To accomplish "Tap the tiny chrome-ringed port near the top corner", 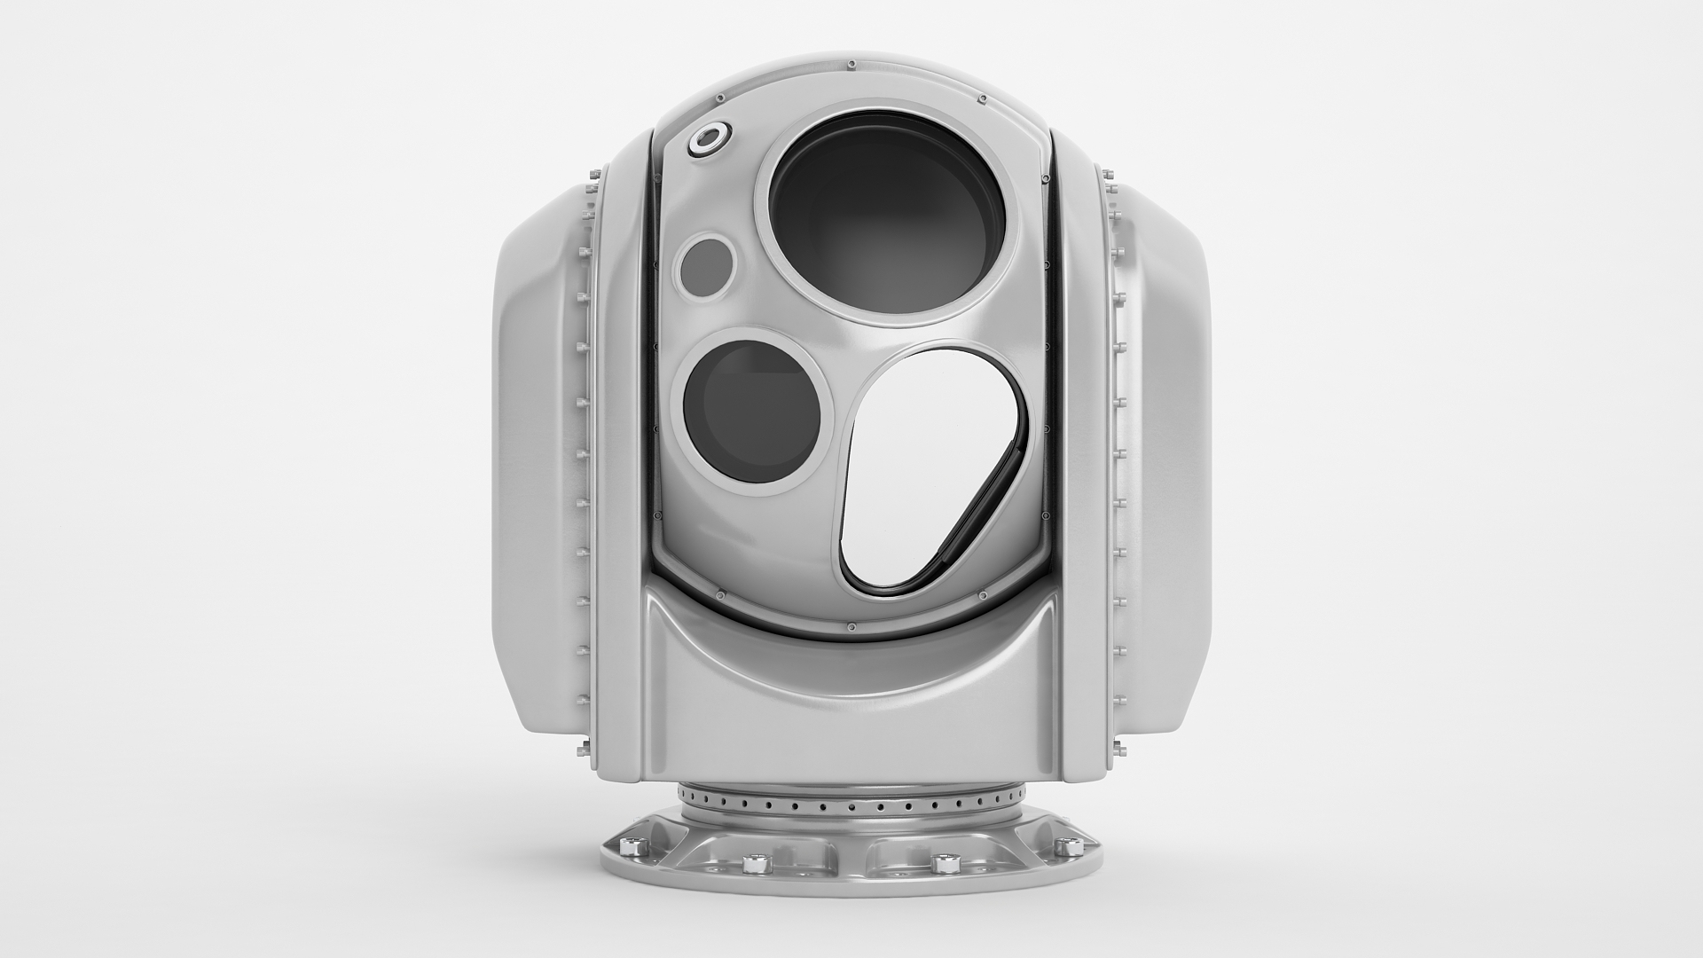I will [709, 138].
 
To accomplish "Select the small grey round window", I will [708, 263].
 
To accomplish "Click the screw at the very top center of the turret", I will [851, 64].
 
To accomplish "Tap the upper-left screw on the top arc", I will [720, 98].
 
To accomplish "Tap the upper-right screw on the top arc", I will [982, 98].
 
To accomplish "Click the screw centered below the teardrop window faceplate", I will [851, 626].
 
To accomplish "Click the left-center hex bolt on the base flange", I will [756, 863].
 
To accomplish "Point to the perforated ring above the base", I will [851, 807].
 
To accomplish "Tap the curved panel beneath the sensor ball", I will [851, 701].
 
